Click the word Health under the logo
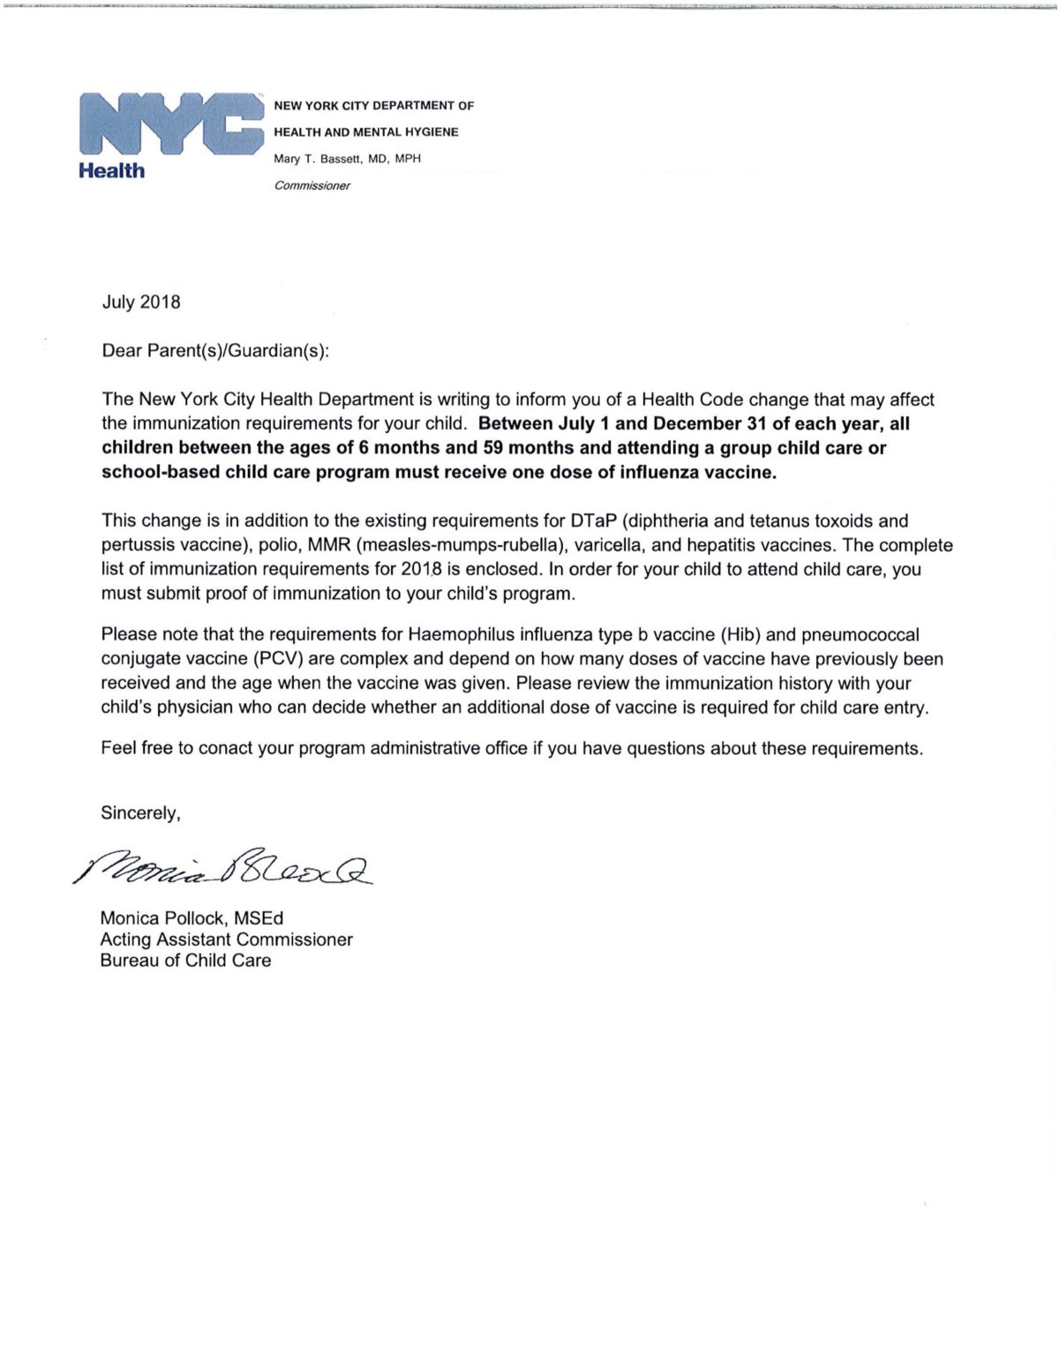click(112, 171)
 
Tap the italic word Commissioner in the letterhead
click(312, 186)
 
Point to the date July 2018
click(141, 303)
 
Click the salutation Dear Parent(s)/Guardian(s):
click(215, 351)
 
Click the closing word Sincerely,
click(140, 813)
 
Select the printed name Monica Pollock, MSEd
click(192, 919)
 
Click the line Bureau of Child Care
click(186, 961)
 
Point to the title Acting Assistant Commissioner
click(227, 940)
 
